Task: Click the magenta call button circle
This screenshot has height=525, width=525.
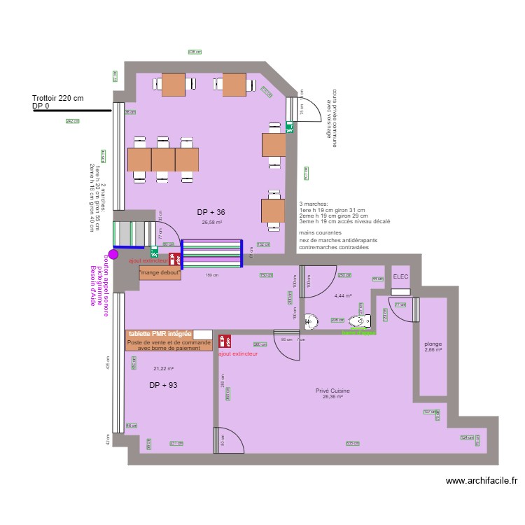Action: [x=113, y=255]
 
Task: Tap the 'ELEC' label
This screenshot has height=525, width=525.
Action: [x=400, y=277]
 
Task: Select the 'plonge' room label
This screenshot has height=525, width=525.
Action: [x=433, y=344]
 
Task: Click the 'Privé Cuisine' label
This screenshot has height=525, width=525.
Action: [x=332, y=391]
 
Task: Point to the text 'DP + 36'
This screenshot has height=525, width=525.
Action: [x=211, y=212]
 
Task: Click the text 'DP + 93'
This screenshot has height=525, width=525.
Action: [x=163, y=386]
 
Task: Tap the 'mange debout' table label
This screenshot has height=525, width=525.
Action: [x=160, y=272]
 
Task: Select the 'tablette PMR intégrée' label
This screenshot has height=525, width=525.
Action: [x=160, y=334]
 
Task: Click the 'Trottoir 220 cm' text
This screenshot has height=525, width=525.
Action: [x=57, y=99]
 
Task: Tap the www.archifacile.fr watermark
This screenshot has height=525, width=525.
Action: [x=481, y=481]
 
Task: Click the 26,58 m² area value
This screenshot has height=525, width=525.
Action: [x=212, y=223]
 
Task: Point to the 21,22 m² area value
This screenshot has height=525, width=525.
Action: [x=163, y=369]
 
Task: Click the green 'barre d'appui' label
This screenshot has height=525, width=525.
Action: [x=358, y=332]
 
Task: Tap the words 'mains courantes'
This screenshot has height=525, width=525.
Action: [x=320, y=232]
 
